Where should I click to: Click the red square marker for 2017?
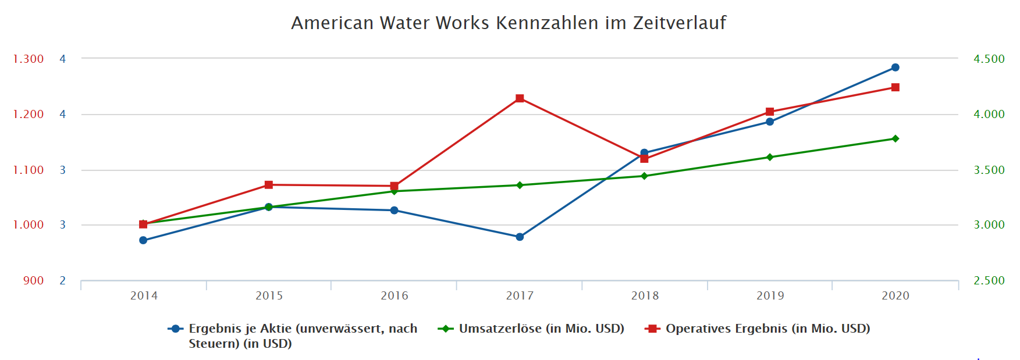pos(520,98)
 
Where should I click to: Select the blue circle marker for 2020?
pos(895,67)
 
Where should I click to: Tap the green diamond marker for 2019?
pos(769,157)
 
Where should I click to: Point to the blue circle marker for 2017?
pos(520,237)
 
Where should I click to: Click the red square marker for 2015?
pos(269,185)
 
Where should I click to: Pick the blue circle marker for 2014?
pos(143,240)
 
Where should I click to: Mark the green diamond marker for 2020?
pos(895,138)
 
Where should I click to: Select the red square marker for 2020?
pos(895,87)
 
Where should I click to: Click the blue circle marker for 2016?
pos(394,210)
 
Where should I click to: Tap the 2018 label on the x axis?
pos(645,295)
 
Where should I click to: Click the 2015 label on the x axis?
pos(269,295)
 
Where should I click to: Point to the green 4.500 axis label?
pos(989,59)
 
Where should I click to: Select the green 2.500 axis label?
pos(989,280)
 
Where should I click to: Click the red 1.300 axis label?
pos(29,59)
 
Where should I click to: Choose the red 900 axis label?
pos(33,280)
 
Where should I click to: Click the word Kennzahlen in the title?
pos(547,23)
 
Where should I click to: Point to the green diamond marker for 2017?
pos(520,185)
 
